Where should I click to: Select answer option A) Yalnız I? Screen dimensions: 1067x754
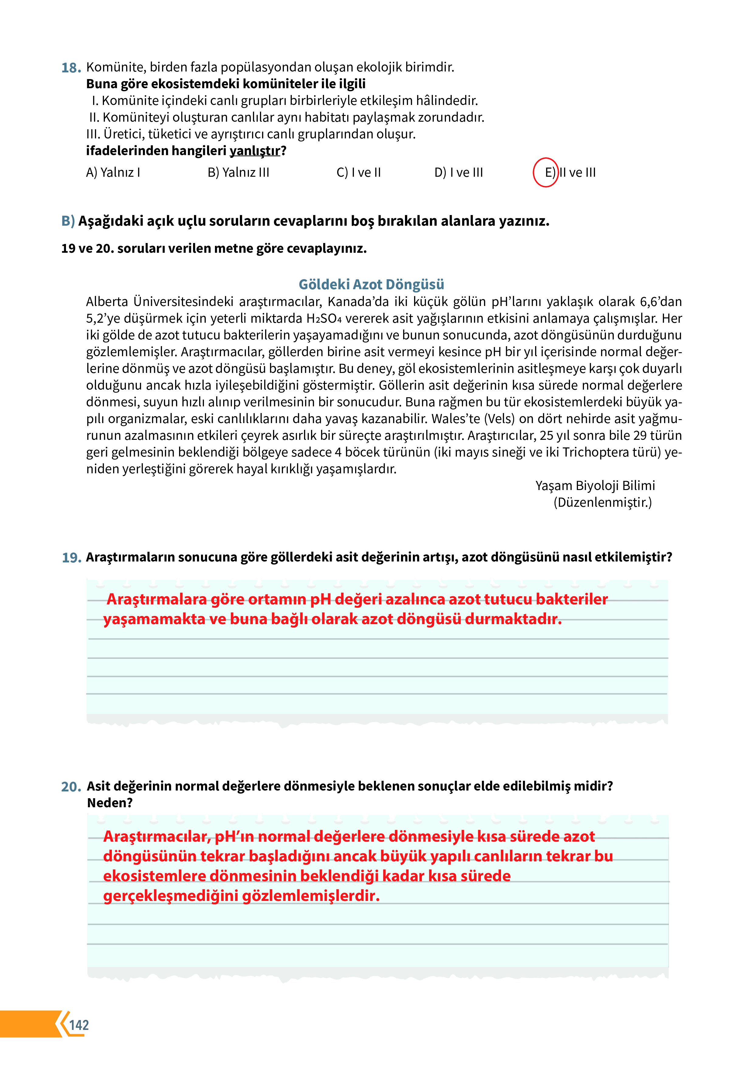[113, 172]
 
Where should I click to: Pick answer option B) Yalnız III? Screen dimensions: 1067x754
[238, 172]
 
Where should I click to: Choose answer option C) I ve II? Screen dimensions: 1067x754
[359, 172]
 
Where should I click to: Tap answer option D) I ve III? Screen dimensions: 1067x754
[458, 172]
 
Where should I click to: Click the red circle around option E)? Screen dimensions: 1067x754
[545, 172]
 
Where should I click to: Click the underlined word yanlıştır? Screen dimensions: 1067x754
[255, 151]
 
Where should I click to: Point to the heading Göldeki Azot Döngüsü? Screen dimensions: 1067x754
[371, 284]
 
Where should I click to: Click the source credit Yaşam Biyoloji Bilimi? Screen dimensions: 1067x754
[595, 486]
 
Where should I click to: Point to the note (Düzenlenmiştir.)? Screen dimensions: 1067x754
[603, 502]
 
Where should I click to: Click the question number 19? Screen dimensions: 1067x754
[71, 558]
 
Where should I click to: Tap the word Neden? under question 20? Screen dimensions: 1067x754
[110, 803]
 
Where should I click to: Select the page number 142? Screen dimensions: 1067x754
[79, 1025]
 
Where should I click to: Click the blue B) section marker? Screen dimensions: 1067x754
[68, 221]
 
